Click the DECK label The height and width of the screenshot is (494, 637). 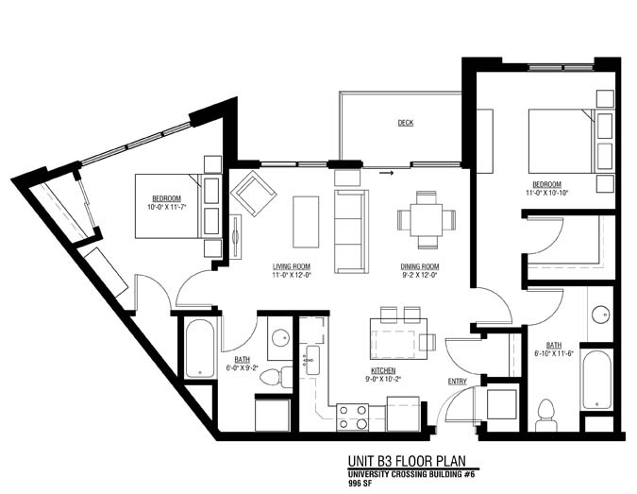[405, 123]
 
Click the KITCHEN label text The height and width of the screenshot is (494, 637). [382, 370]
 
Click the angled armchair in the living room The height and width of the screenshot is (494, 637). [253, 193]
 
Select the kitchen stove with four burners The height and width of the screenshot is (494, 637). [353, 417]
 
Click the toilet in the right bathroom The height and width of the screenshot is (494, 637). [545, 413]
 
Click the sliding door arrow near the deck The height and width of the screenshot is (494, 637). [385, 173]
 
